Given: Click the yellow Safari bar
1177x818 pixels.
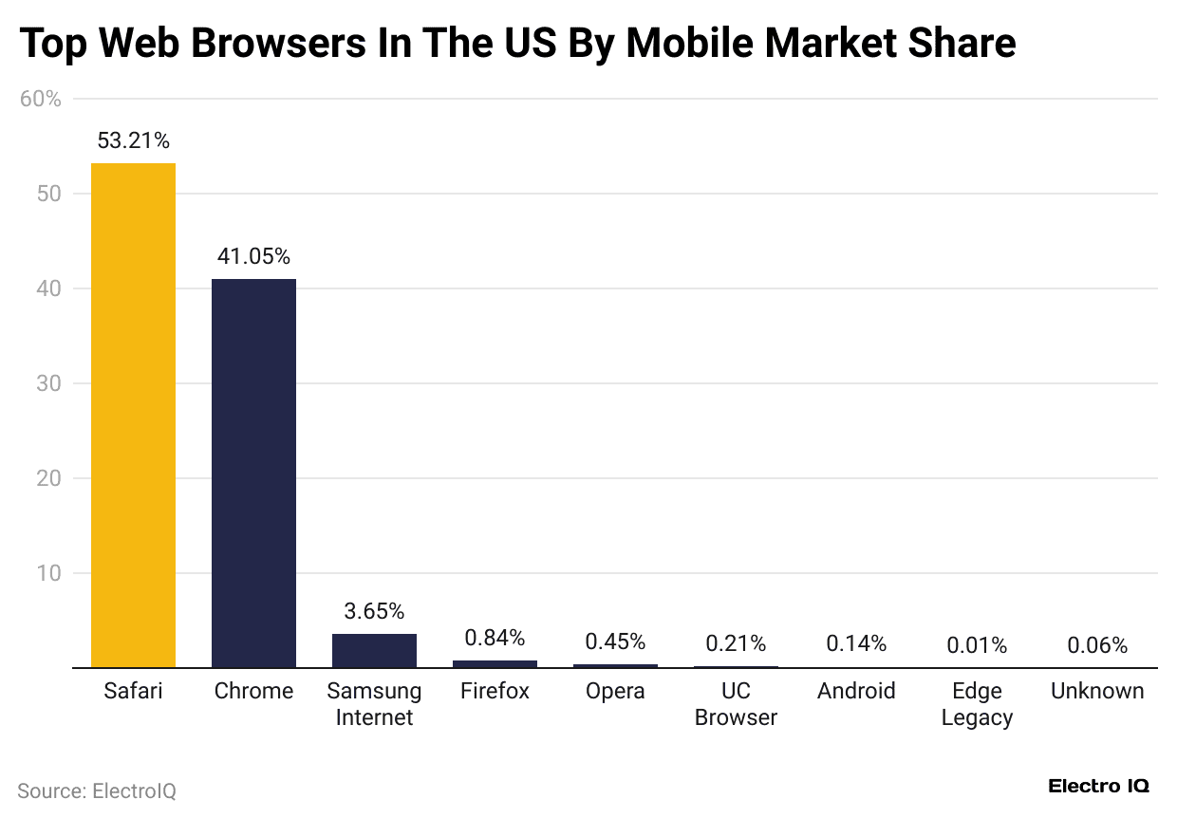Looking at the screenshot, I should tap(133, 416).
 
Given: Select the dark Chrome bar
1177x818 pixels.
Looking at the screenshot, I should tap(253, 473).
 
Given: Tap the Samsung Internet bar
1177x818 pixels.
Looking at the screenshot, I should tap(374, 650).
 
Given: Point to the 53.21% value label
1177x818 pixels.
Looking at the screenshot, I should tap(133, 141).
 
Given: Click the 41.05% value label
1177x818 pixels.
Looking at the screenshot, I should tap(253, 256).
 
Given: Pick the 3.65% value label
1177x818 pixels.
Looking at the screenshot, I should tap(374, 611).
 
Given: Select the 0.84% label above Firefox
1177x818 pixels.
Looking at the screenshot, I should tap(495, 638).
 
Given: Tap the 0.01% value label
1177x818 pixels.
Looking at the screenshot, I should tap(977, 645).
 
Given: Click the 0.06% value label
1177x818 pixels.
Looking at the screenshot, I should tap(1097, 645).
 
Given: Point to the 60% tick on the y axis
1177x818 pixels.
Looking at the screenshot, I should tap(40, 99).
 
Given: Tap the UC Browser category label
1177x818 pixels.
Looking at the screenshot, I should tap(736, 704).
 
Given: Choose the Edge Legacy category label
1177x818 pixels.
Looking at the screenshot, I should tap(977, 704).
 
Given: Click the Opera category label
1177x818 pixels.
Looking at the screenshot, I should tap(615, 691).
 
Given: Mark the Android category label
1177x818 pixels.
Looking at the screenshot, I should tap(856, 691).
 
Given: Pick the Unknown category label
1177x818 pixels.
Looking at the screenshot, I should tap(1097, 691).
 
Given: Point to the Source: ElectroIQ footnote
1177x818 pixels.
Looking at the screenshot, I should tap(97, 790).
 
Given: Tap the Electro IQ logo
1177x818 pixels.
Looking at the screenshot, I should tap(1098, 787).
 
